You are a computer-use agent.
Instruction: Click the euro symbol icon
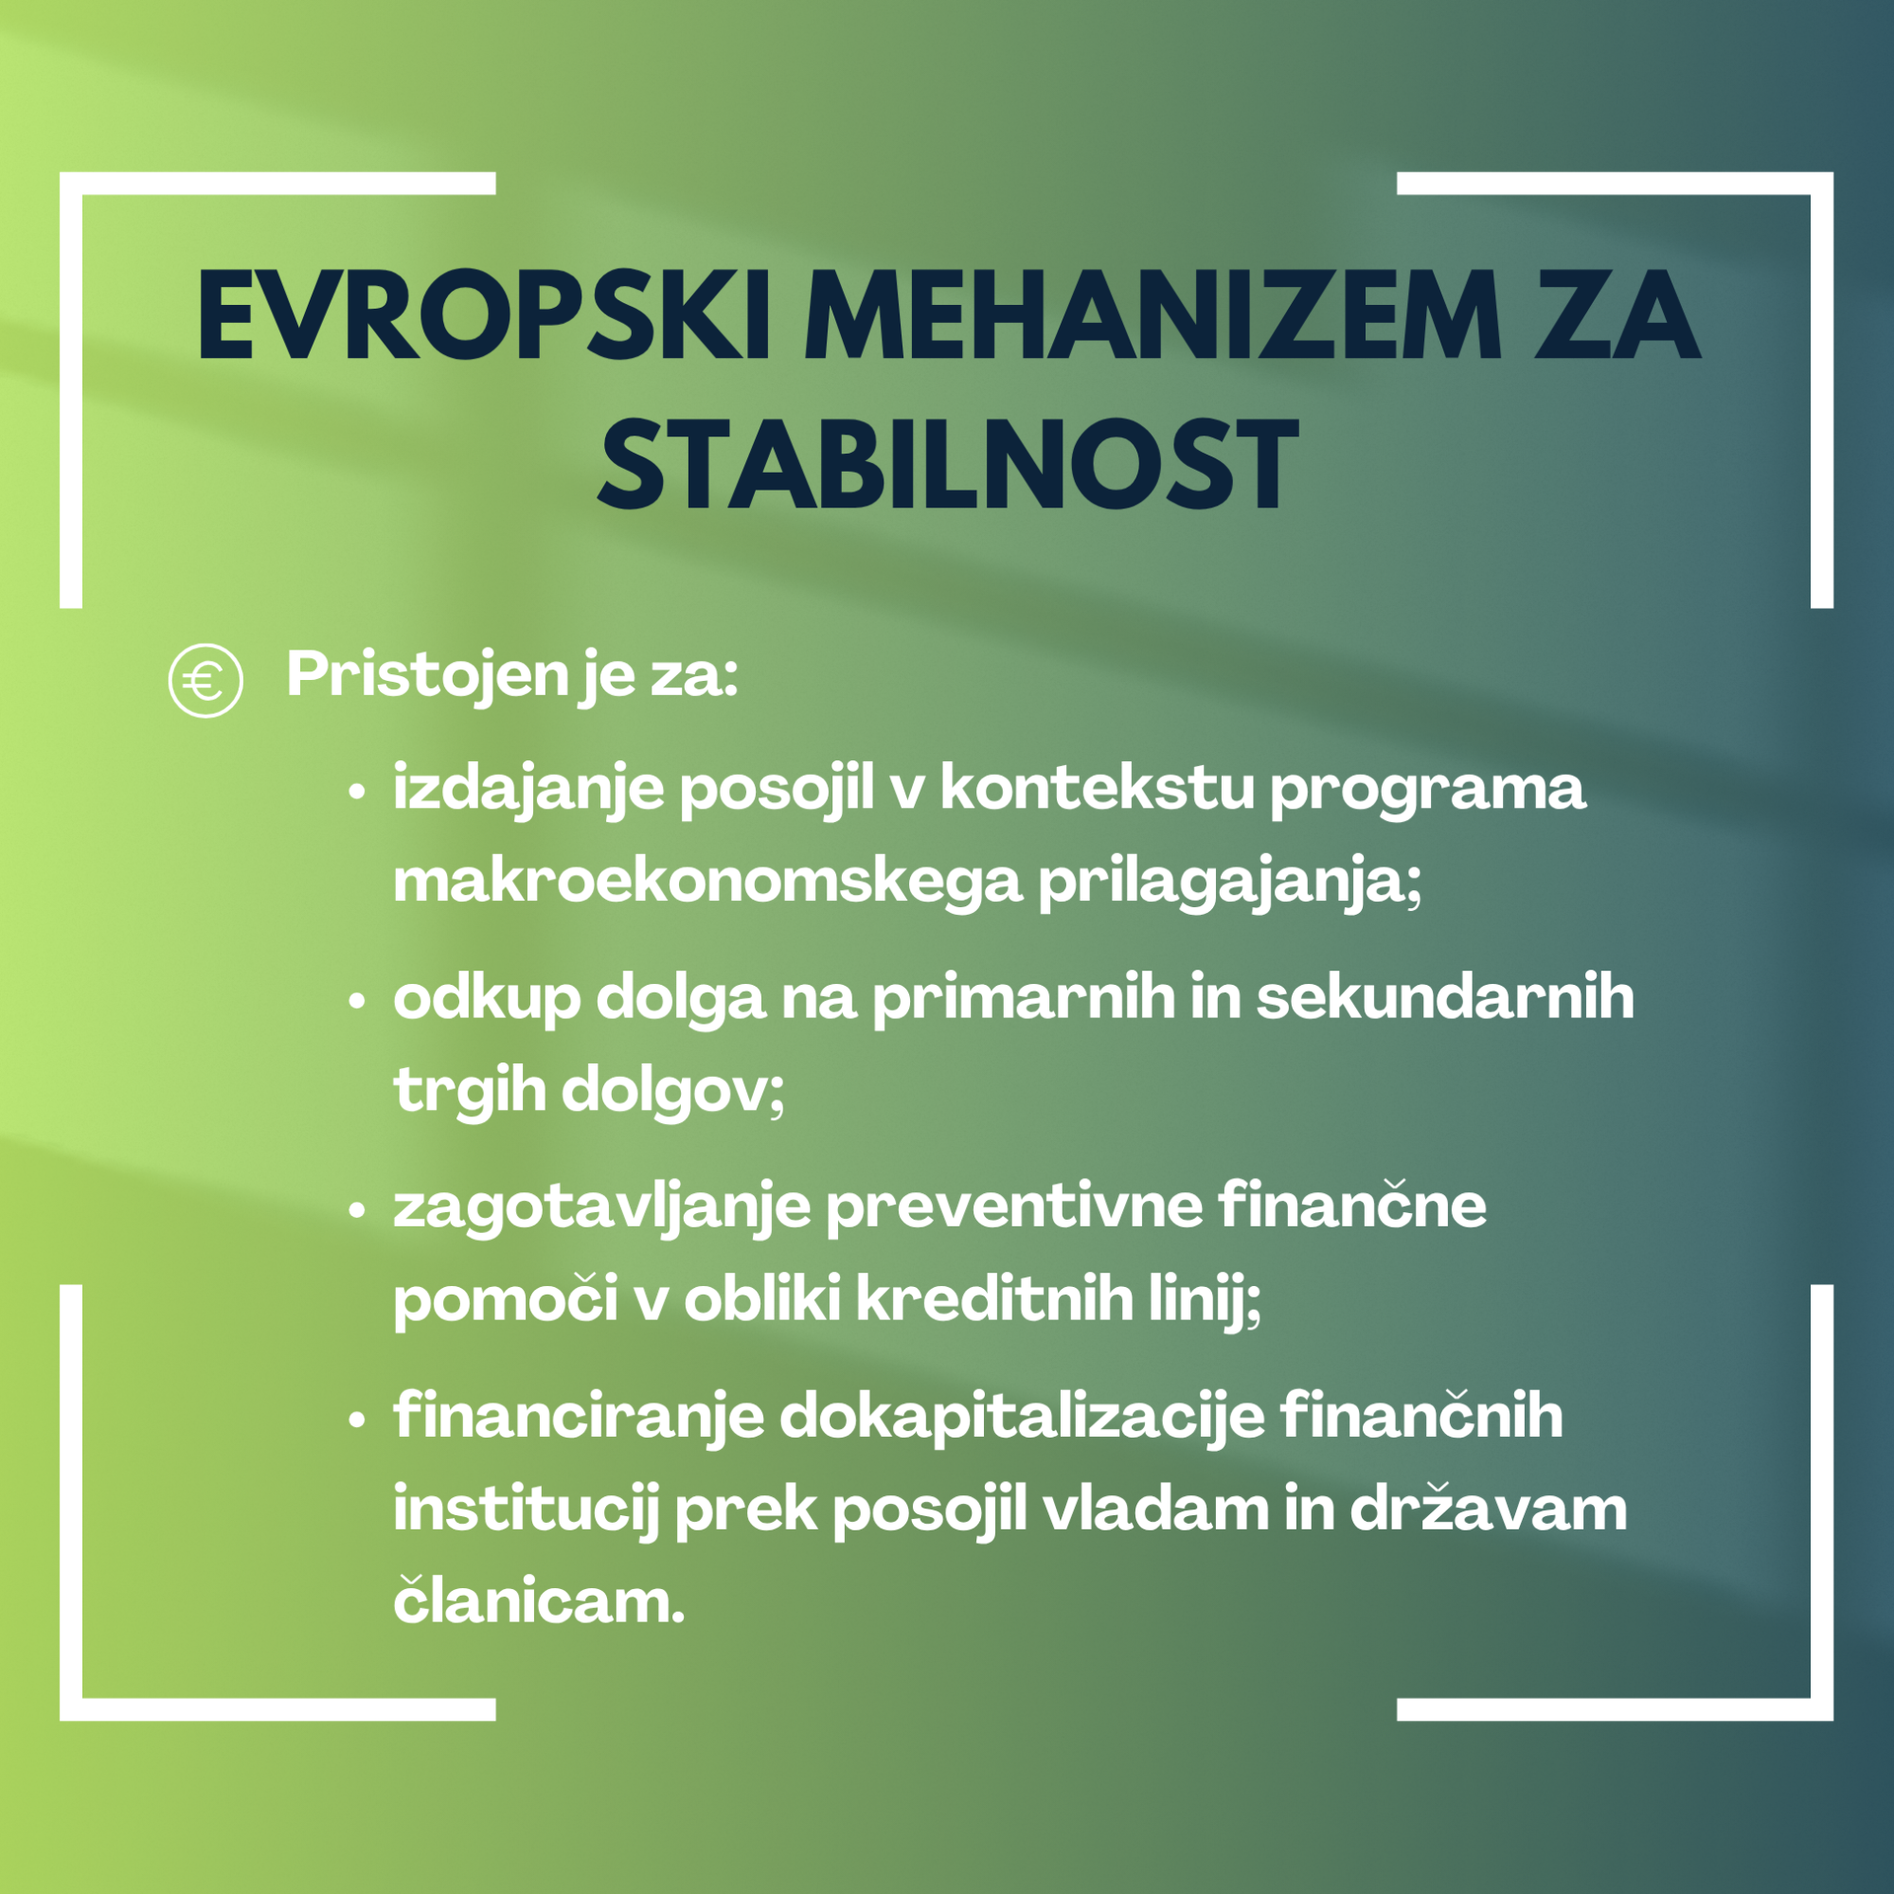[205, 680]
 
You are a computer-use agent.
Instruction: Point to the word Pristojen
[427, 676]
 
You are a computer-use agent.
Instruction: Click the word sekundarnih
[1445, 995]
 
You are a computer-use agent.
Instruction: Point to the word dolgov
[671, 1090]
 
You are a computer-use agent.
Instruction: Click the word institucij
[526, 1508]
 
